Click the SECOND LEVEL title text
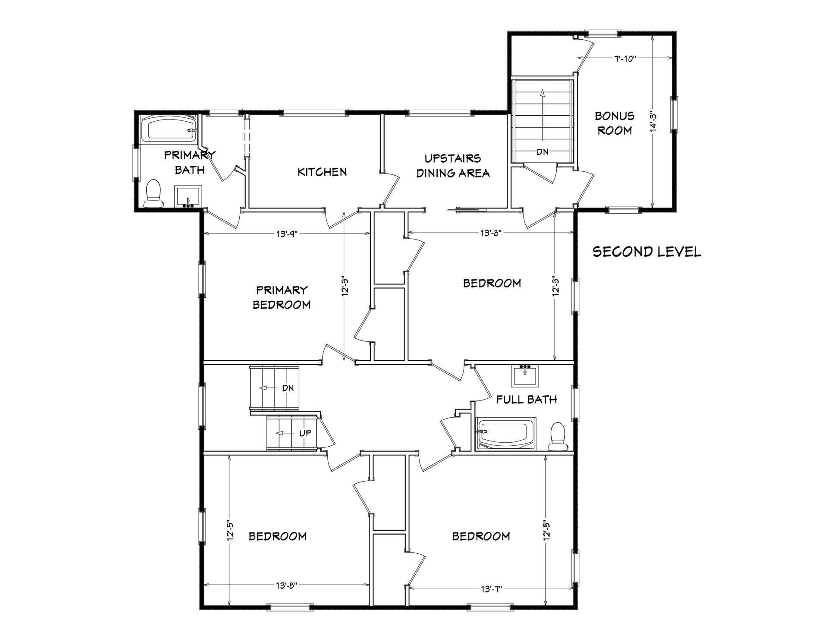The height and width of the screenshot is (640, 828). coord(647,252)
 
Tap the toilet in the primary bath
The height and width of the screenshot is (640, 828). coord(154,194)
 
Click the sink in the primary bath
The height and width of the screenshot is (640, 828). coord(188,196)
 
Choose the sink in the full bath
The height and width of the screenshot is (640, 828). coord(525,376)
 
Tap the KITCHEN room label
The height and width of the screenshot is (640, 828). coord(322,172)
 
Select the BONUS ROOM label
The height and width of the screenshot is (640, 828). coord(615,123)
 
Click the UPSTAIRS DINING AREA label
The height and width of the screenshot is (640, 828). coord(453,166)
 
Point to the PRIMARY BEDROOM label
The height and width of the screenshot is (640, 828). coord(282,297)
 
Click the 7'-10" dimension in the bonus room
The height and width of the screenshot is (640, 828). coord(625,58)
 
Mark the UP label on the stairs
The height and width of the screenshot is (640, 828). coord(305,433)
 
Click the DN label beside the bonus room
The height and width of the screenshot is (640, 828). coord(542,151)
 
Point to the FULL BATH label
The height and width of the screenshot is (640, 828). coord(527,399)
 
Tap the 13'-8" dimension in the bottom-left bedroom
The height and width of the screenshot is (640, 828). coord(286,585)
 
